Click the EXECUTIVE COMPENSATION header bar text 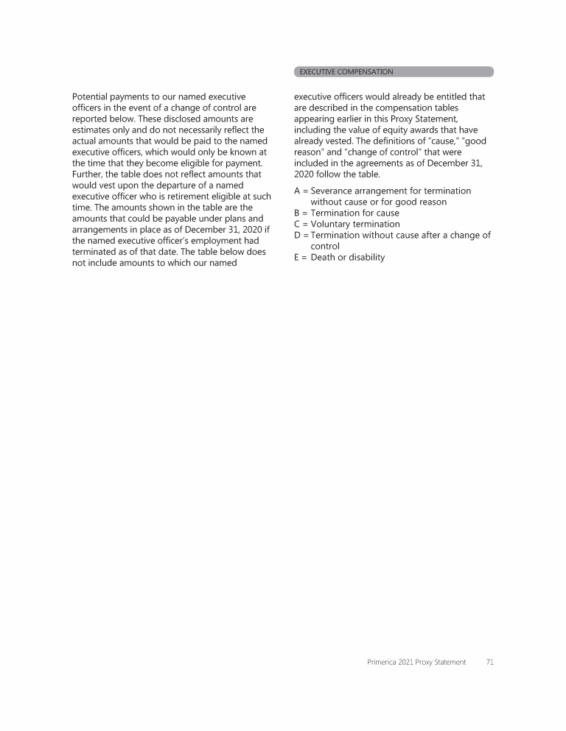(346, 72)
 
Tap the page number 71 (490, 663)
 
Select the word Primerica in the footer (383, 663)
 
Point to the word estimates (94, 130)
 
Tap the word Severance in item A (334, 191)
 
